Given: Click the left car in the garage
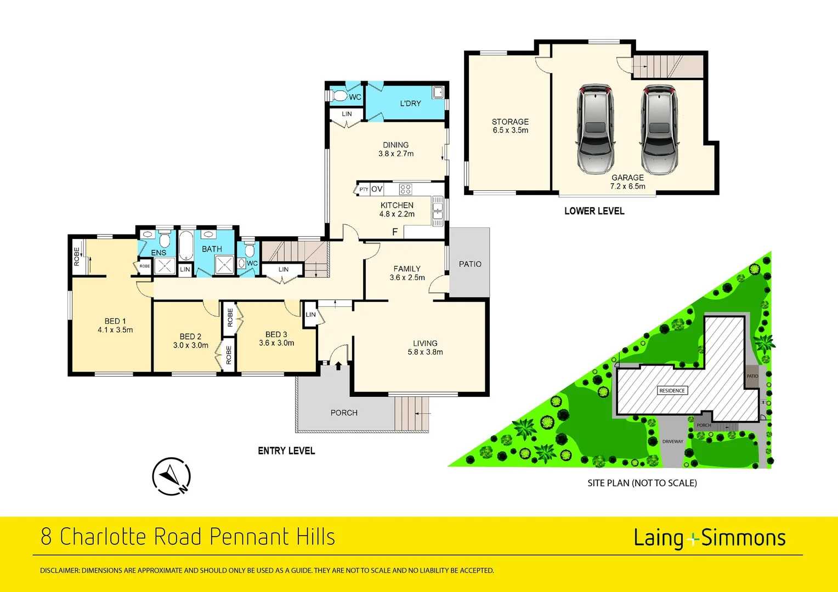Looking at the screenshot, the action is tap(594, 129).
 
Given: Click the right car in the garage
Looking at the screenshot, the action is tap(659, 129).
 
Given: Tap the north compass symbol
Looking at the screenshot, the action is tap(172, 476).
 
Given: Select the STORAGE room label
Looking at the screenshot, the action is tap(510, 122).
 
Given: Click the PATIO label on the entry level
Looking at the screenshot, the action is tap(470, 264).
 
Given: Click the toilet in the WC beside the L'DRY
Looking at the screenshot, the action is tap(339, 96).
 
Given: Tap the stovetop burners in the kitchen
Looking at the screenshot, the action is tap(405, 190).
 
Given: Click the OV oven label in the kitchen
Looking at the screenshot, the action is tap(377, 189).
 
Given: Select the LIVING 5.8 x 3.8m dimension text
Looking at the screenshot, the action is tap(425, 352).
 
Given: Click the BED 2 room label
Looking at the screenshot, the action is tap(190, 337).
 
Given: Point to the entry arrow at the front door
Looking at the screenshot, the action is tap(338, 365).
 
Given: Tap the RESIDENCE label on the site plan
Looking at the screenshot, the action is tap(672, 391).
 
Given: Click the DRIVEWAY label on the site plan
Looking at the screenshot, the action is tap(672, 441).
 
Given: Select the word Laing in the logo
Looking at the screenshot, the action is tap(658, 538).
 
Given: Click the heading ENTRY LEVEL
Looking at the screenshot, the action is tap(286, 451).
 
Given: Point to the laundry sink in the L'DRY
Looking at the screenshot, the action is tap(438, 92).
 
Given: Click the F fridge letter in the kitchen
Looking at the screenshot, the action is tap(394, 232).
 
